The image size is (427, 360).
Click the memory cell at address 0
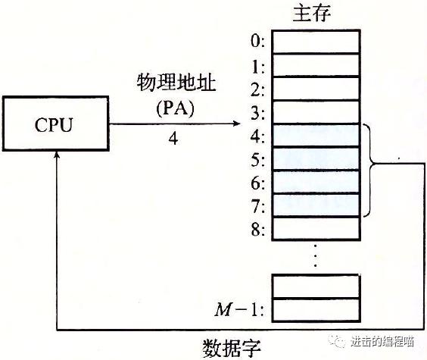(x=316, y=42)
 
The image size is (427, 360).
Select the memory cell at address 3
(x=316, y=112)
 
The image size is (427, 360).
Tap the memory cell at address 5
(x=316, y=159)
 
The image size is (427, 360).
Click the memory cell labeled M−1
(x=316, y=309)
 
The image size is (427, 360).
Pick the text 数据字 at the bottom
(x=232, y=348)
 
